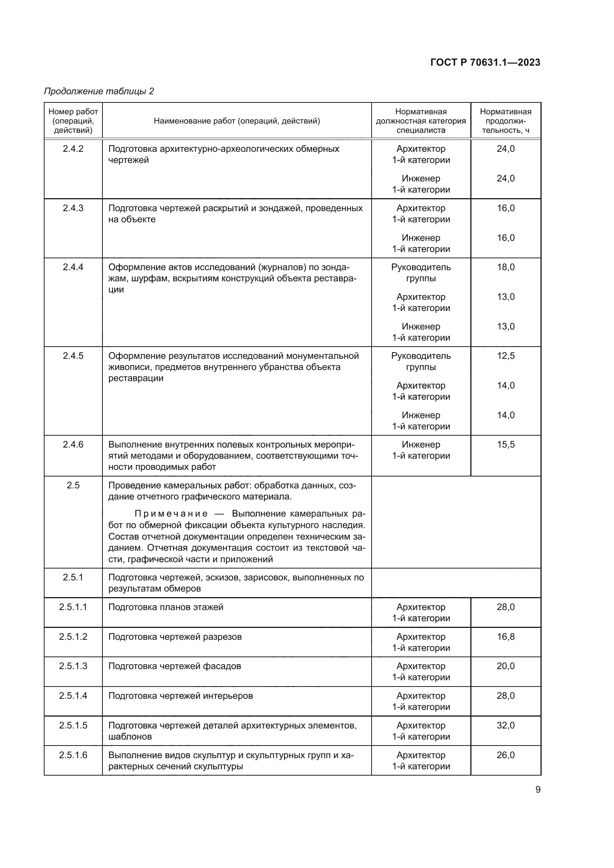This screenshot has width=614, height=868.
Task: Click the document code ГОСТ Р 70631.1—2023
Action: [x=485, y=62]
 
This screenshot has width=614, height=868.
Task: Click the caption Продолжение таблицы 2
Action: [x=99, y=91]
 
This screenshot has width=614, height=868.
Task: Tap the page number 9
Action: [x=538, y=790]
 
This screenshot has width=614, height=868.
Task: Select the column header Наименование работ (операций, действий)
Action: [x=237, y=121]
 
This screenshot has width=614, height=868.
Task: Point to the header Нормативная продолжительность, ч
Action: [x=506, y=121]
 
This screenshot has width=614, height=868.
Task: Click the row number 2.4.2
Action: [x=73, y=148]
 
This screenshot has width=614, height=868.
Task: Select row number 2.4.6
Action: [x=73, y=445]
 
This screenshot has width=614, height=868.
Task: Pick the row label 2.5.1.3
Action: [x=73, y=666]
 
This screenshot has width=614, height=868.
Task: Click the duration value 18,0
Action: [x=506, y=267]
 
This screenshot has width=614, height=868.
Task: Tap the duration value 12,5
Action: [x=506, y=356]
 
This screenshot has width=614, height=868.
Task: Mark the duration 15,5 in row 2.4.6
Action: [x=506, y=445]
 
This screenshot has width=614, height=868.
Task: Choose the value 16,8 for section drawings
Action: [x=506, y=637]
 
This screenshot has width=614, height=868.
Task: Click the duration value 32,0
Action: [x=506, y=725]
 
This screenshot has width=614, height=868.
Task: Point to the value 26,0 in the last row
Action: [x=506, y=755]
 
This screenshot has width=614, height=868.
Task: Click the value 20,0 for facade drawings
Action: [x=506, y=666]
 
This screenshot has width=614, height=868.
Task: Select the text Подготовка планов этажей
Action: [x=166, y=607]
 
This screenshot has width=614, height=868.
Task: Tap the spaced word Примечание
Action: [x=171, y=514]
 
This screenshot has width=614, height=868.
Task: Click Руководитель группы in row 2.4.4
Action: [x=421, y=273]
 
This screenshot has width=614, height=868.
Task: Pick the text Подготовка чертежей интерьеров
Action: [x=180, y=695]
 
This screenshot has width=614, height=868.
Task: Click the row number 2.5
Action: [x=73, y=485]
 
